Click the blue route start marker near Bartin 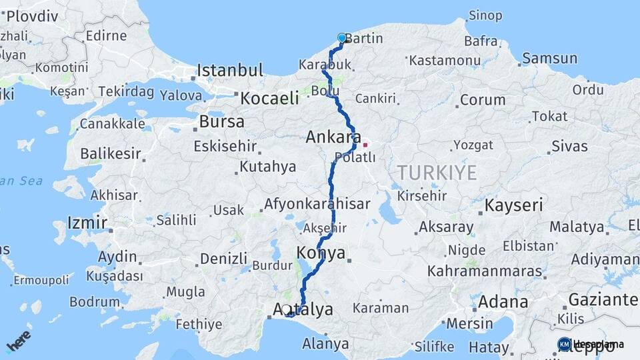[342, 38]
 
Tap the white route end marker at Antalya [287, 309]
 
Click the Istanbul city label [230, 70]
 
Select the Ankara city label [329, 138]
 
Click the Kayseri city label [513, 205]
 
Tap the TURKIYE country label [437, 173]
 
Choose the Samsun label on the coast [549, 59]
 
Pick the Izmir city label [87, 223]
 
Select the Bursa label [221, 123]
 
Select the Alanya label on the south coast [325, 344]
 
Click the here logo [18, 341]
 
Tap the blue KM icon [564, 344]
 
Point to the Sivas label [569, 146]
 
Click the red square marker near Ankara [365, 145]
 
